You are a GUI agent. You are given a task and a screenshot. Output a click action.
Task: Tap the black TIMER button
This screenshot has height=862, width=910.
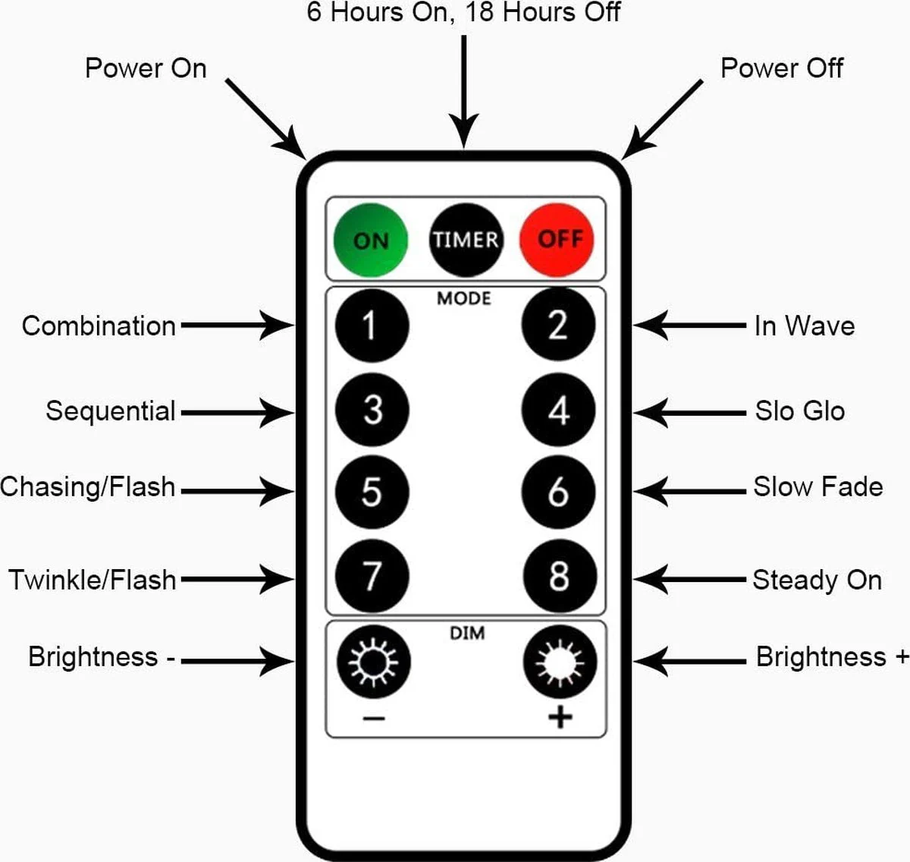[x=466, y=240]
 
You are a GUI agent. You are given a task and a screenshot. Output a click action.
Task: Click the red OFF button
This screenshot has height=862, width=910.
[x=557, y=240]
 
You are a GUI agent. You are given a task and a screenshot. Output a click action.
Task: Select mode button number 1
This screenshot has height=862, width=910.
[x=372, y=326]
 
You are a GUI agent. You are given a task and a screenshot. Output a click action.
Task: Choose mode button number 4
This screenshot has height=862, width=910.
[x=558, y=411]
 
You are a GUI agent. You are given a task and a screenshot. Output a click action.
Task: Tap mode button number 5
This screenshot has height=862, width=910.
[x=372, y=492]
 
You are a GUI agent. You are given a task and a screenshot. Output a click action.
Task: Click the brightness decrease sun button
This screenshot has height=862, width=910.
[x=373, y=662]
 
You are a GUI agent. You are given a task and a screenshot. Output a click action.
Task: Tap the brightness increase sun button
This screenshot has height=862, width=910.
[x=560, y=662]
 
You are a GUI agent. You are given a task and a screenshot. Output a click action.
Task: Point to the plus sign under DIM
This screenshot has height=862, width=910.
[x=560, y=717]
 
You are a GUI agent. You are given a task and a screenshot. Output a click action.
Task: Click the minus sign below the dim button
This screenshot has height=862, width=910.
[x=374, y=718]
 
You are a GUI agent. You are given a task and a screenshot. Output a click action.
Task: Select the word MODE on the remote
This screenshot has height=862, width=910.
[x=464, y=298]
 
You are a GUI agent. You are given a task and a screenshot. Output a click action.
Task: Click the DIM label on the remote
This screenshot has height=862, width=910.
[x=467, y=633]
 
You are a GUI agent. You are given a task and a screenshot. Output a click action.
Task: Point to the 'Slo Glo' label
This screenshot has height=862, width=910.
[x=799, y=411]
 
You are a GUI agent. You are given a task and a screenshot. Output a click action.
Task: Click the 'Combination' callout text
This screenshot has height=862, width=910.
[x=99, y=326]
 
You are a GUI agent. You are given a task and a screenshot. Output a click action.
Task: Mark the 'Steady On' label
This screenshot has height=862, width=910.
[x=817, y=580]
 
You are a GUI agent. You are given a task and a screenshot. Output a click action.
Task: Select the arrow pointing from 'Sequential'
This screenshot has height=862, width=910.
[x=237, y=413]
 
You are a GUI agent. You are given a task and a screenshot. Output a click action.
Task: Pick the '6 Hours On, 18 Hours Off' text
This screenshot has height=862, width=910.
[x=463, y=12]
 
